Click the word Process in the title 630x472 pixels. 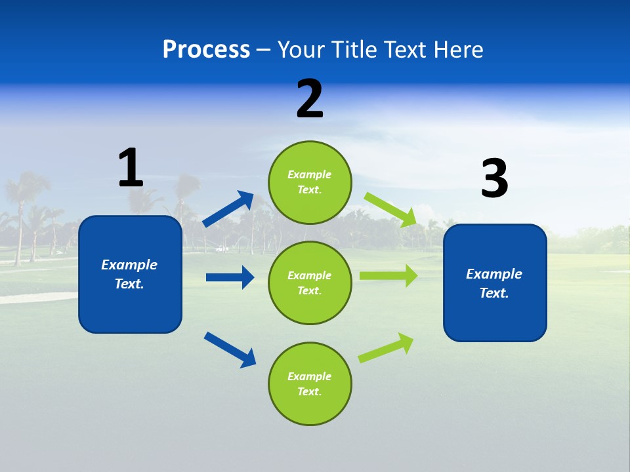coord(206,50)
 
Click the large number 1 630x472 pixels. coord(131,168)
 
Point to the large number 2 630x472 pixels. coord(310,99)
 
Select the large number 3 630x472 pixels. coord(494,178)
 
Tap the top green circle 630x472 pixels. coord(310,182)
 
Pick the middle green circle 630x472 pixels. coord(310,283)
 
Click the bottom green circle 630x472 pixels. coord(310,384)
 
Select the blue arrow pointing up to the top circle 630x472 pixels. coord(228,209)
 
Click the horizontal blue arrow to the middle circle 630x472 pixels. coord(230,277)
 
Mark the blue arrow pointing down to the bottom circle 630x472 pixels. coord(230,349)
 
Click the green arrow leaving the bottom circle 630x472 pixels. coord(387,347)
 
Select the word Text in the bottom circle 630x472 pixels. coord(308,392)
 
